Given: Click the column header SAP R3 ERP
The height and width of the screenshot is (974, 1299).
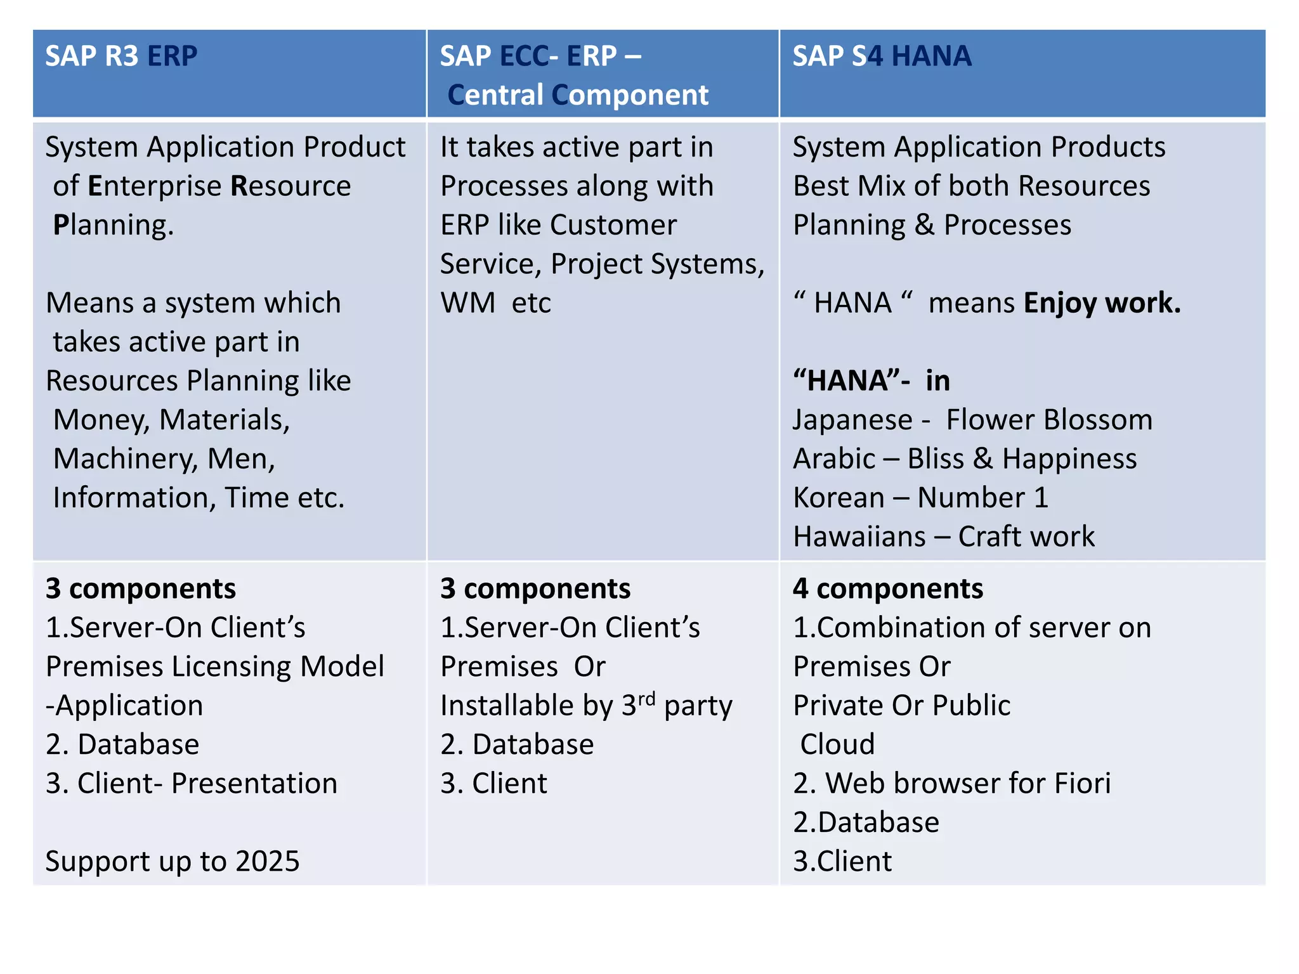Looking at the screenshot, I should click(121, 56).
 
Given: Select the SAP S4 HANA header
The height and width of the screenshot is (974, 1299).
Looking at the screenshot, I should click(882, 56).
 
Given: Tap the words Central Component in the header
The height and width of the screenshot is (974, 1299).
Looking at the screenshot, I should click(578, 95).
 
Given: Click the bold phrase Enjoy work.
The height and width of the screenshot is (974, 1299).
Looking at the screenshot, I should click(1102, 303).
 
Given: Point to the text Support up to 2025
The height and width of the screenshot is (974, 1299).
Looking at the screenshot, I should click(173, 861).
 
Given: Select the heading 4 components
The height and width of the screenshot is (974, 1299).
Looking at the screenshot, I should click(887, 588).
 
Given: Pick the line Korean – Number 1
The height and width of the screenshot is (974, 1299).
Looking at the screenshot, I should click(920, 498).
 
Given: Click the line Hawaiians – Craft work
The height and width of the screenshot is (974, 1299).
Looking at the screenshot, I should click(943, 537).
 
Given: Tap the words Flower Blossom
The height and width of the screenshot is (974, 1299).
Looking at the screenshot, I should click(1049, 420).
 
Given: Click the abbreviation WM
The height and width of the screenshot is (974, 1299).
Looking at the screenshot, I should click(468, 303).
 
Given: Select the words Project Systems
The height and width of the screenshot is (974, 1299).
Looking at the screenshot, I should click(657, 264).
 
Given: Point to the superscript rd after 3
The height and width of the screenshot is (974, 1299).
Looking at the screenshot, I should click(646, 699).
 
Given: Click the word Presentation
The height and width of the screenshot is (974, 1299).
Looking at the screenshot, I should click(254, 784).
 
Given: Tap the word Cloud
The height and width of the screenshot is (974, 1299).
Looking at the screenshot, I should click(837, 744).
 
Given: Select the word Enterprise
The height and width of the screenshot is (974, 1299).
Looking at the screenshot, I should click(155, 186).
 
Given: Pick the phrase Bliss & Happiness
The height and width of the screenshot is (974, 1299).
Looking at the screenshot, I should click(1022, 459).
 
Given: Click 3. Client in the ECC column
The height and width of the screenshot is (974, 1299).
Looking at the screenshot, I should click(493, 784).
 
